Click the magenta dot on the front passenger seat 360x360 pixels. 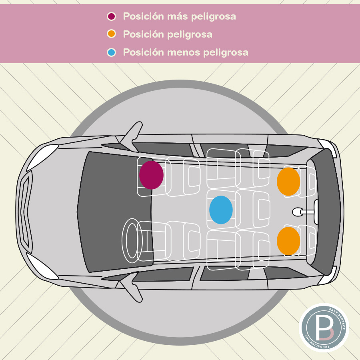[x=151, y=175]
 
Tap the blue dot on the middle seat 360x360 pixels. [x=221, y=210]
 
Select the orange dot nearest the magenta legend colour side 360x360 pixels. [x=288, y=182]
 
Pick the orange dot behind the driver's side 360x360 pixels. [x=288, y=241]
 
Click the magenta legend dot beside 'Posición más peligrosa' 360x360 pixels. [x=112, y=16]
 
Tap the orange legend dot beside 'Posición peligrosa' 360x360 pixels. [x=112, y=34]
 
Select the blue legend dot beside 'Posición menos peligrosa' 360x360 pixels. [x=112, y=52]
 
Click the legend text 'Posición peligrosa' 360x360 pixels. [x=168, y=34]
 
